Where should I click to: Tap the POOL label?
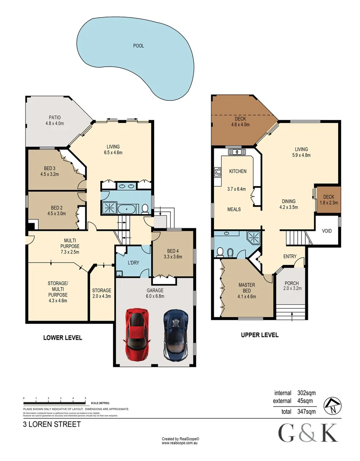coord(138,46)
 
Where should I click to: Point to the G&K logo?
coord(308,434)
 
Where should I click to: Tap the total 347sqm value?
coord(306,412)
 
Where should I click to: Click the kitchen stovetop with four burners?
coord(217,172)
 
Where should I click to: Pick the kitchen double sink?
coord(235,151)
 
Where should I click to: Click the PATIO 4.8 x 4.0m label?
coord(54,120)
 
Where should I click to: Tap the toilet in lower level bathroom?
coord(145,208)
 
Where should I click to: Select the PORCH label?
coord(291,286)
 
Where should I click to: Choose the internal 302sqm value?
coord(306,393)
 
